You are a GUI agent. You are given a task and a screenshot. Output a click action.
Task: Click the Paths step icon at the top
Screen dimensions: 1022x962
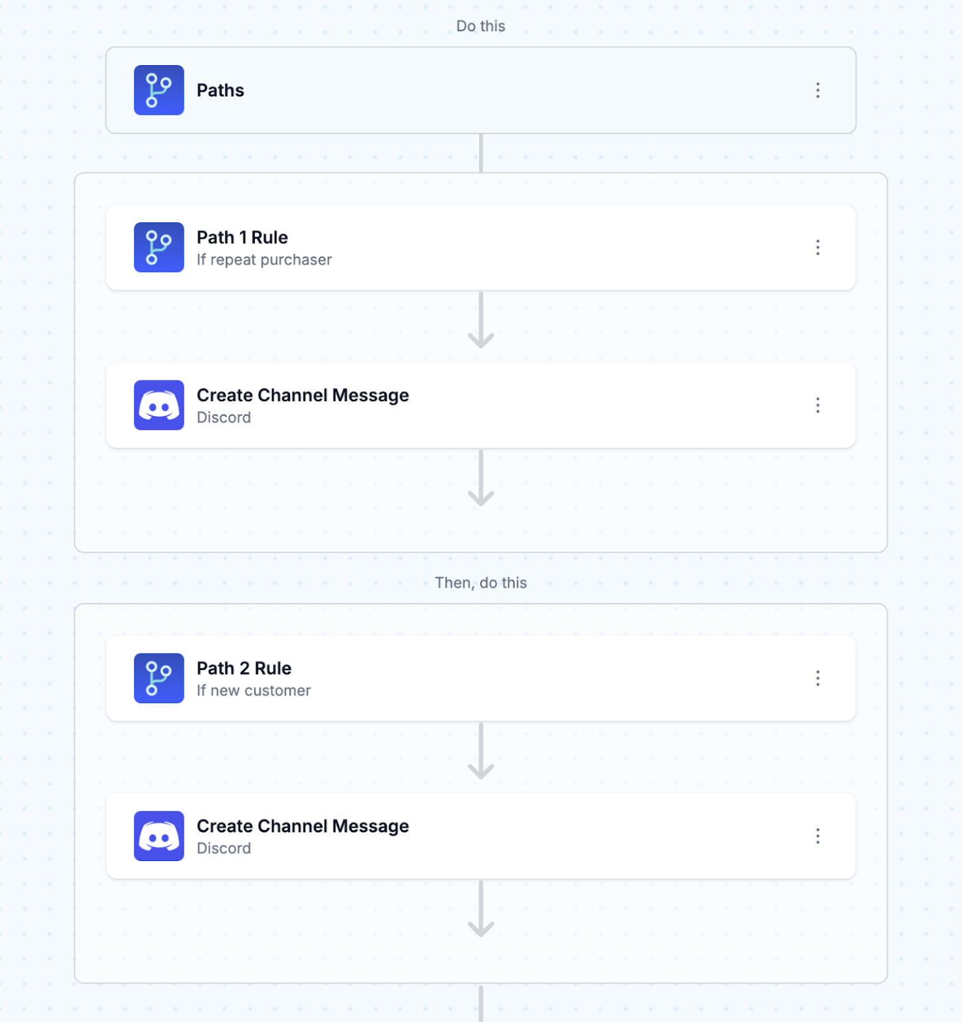coord(158,90)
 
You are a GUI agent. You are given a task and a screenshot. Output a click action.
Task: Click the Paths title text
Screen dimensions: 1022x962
coord(220,90)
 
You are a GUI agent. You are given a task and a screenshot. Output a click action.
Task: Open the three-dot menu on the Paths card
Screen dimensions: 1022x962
coord(818,90)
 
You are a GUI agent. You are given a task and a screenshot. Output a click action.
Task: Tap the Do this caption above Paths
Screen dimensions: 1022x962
coord(480,26)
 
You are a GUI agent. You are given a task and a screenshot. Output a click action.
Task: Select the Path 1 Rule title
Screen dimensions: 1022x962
coord(242,238)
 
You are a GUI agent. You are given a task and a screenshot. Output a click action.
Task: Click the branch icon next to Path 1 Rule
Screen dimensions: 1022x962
coord(158,248)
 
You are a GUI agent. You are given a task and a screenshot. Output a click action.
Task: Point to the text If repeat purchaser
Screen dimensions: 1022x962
coord(264,259)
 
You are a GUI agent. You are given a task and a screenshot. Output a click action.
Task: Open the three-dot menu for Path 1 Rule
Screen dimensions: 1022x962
coord(818,248)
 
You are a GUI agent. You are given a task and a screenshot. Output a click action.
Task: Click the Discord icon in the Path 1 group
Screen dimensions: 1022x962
coord(158,405)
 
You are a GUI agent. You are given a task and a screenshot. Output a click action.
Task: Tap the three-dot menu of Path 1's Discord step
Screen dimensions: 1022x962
coord(818,405)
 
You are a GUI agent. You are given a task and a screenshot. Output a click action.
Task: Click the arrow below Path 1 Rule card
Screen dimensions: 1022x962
coord(480,322)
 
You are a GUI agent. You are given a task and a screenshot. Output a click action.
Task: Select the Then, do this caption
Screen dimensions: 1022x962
coord(480,583)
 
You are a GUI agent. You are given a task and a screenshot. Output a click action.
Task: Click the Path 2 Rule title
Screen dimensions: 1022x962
coord(243,668)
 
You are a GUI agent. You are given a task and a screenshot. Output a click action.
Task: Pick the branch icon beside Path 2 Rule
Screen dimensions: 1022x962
coord(158,678)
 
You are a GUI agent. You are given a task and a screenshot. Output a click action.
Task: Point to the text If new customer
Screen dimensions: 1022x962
coord(253,691)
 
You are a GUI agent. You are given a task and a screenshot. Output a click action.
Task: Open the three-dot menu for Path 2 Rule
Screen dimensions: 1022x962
coord(818,678)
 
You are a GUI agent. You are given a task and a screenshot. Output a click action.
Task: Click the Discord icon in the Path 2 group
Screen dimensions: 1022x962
coord(158,836)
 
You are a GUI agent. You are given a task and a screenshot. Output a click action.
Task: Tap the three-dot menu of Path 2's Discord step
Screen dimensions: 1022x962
coord(818,836)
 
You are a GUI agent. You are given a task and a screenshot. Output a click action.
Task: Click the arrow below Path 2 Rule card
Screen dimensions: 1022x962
coord(480,753)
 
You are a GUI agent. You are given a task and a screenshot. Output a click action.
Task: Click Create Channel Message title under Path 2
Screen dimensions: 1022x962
coord(303,826)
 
